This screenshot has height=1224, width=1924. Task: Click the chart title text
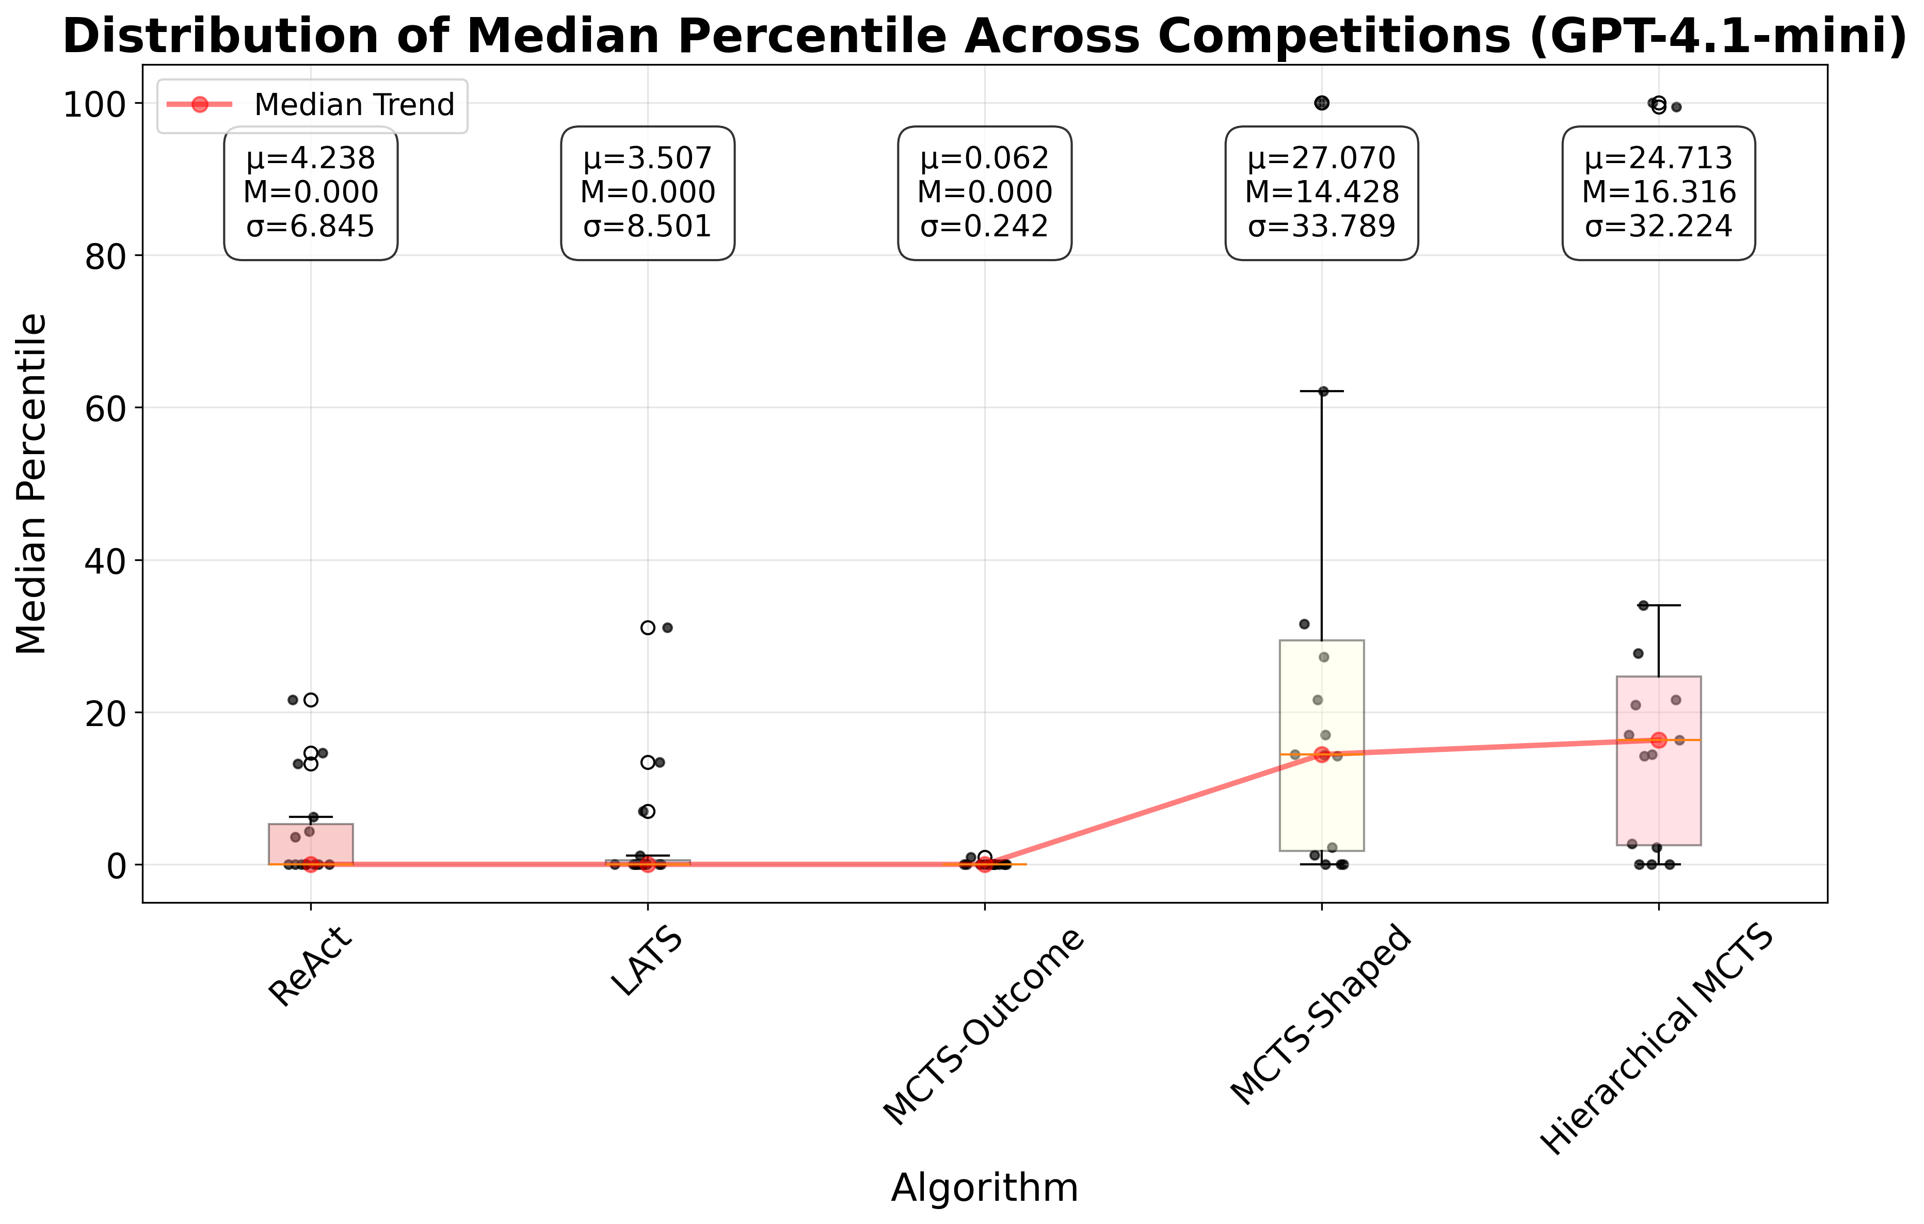click(984, 36)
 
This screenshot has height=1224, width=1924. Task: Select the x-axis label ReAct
click(311, 967)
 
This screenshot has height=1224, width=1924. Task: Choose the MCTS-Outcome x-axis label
click(984, 1027)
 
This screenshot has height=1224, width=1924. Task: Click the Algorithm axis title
click(984, 1187)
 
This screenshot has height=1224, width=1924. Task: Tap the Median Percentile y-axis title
click(33, 484)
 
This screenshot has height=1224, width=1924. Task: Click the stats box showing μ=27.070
click(1322, 192)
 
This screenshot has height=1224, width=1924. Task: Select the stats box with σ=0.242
click(984, 192)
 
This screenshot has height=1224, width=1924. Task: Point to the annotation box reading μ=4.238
click(311, 192)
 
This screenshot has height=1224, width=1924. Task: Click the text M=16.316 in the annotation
click(1659, 192)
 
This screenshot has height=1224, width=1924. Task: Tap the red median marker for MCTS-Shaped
click(1322, 754)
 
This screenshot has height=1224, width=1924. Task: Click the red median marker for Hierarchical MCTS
click(1659, 740)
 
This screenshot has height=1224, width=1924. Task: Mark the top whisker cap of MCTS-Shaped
click(1322, 392)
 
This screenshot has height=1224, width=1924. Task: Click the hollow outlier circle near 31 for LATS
click(648, 628)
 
